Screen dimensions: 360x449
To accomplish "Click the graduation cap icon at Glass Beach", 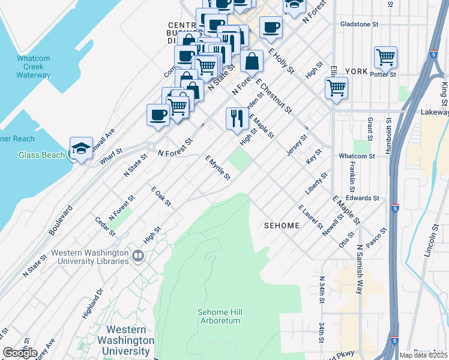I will point(80,148).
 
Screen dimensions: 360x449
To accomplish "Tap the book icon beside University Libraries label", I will point(138,257).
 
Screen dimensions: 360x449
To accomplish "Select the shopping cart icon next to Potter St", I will point(385,58).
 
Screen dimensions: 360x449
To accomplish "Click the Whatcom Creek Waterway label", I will point(33,67).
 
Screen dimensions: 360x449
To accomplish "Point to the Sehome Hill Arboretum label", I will point(220,316).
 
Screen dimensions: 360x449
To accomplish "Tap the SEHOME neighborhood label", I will point(282,226).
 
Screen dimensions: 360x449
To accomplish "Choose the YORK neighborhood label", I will point(357,71).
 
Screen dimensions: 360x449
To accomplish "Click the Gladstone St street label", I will point(358,25).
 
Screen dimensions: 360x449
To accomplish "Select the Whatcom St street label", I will point(357,156).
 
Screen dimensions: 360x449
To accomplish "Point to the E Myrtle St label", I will point(218,168).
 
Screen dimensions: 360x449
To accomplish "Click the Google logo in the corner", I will point(20,353).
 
